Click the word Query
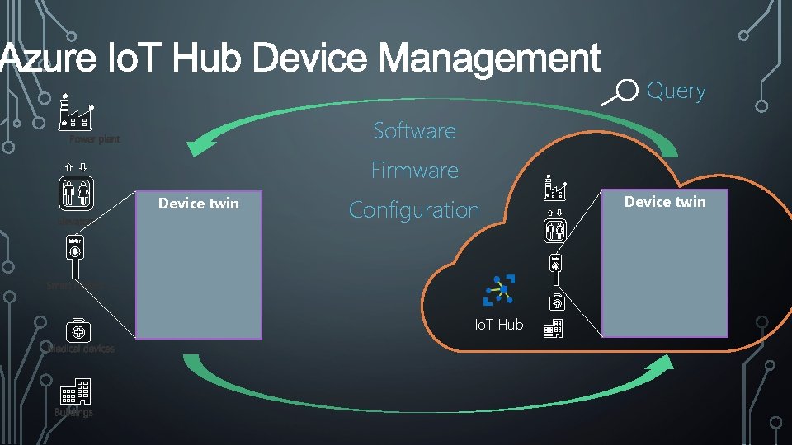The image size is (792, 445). (676, 91)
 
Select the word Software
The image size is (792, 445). (414, 130)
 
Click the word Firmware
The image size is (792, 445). (414, 171)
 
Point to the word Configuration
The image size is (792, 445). (414, 210)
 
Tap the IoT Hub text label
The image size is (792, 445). (498, 325)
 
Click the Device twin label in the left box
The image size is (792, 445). (198, 204)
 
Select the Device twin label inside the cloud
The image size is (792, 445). (665, 201)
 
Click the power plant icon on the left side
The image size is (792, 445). (76, 113)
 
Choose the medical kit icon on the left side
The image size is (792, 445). (78, 331)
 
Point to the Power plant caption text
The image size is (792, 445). (94, 139)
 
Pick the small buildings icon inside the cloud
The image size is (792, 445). (553, 330)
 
